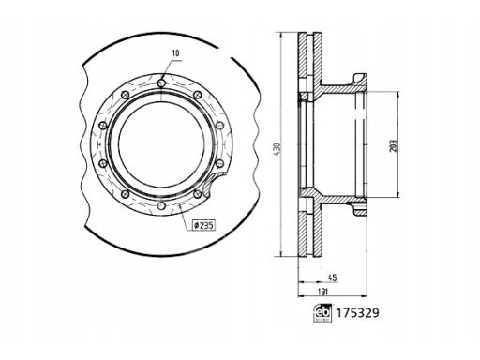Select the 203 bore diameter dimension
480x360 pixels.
(x=394, y=145)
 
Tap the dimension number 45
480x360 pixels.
(x=333, y=277)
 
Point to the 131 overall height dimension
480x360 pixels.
(x=322, y=292)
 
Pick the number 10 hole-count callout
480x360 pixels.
(x=176, y=53)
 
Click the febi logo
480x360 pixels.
(x=322, y=312)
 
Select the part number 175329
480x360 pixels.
(x=357, y=313)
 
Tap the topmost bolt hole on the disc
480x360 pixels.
(x=161, y=83)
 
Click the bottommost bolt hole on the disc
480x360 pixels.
(x=161, y=206)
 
